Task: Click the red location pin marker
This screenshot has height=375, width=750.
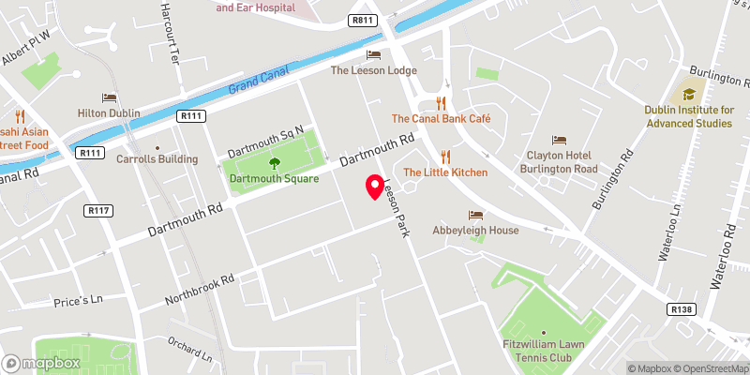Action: point(374,187)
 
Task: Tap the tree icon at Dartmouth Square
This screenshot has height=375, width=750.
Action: point(275,163)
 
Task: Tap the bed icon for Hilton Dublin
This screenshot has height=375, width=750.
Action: point(110,97)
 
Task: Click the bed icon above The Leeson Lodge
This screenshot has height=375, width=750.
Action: point(374,54)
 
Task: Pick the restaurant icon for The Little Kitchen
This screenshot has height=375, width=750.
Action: point(445,157)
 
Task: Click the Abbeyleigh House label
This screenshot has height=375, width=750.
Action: point(475,230)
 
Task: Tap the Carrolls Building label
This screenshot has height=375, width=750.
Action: point(157,159)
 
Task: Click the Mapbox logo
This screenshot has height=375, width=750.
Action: point(41,363)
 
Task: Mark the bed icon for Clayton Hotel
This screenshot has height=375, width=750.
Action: point(560,140)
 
